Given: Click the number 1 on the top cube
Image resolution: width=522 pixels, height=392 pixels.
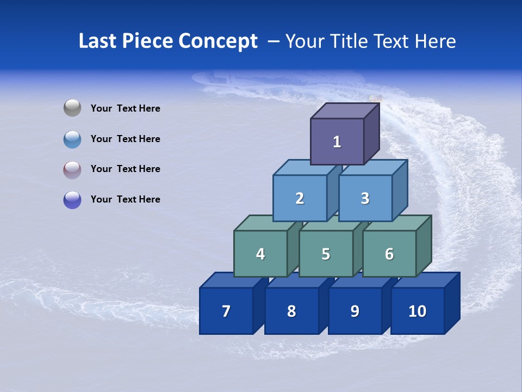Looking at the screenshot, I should pos(337,142).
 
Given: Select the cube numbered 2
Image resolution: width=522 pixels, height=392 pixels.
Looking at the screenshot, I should pos(300,198).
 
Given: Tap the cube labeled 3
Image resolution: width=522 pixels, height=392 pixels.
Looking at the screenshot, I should pos(365,198).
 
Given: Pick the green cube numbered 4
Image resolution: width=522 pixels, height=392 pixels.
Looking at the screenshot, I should pos(260,254).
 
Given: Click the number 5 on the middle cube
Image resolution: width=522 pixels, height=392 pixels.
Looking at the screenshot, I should pos(326,254).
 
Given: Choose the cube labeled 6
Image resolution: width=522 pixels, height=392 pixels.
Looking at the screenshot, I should pos(389,254).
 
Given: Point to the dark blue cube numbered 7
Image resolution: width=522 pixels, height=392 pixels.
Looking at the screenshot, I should pos(226,311).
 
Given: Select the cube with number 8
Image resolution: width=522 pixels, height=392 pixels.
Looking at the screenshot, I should pos(291,311).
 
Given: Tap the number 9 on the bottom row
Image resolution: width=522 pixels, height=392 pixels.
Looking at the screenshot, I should pos(355,311).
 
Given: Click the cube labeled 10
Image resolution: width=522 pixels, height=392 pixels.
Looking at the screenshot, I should pos(417,311).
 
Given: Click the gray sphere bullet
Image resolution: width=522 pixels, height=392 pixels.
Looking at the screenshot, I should pos(72,108).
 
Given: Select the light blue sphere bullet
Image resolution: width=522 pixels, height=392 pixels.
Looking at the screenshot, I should pos(72,139).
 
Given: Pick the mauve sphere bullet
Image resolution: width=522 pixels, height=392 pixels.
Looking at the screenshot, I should pos(72,170).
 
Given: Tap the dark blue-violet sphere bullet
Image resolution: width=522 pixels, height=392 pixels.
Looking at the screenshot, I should pos(72,200).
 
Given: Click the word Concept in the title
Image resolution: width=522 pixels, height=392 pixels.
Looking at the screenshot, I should pos(218,41).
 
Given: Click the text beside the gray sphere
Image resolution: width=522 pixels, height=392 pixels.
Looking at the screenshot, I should pos(126,108).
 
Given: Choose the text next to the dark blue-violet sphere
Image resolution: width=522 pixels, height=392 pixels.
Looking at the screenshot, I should pos(126,199).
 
